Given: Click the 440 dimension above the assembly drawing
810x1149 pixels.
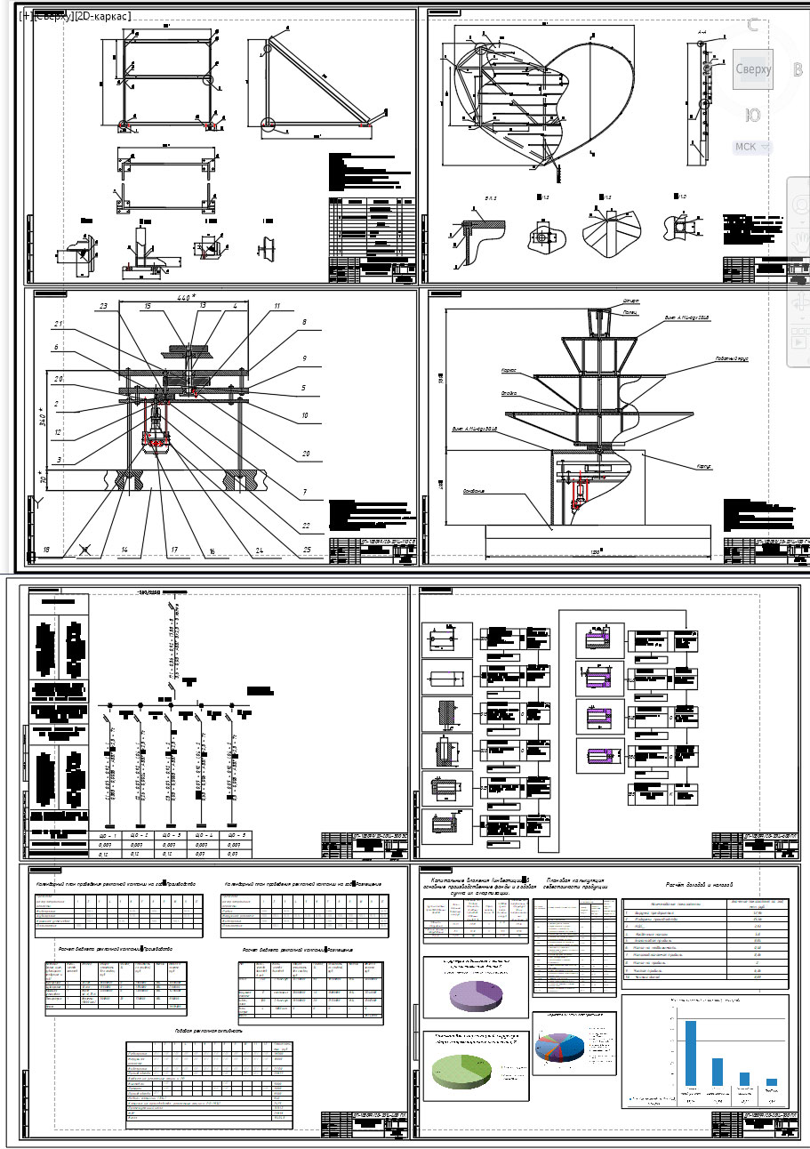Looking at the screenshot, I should (184, 297).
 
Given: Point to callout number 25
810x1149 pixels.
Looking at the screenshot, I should (307, 550).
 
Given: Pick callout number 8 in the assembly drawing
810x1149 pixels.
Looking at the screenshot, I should (303, 323).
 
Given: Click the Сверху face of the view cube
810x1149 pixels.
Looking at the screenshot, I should (751, 68).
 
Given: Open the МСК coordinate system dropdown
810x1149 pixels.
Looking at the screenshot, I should (751, 147).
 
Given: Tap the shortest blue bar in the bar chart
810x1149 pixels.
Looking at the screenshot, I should (772, 1082).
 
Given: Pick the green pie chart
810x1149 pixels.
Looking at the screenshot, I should (461, 1079).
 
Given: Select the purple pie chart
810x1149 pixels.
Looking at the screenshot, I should (477, 990).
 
